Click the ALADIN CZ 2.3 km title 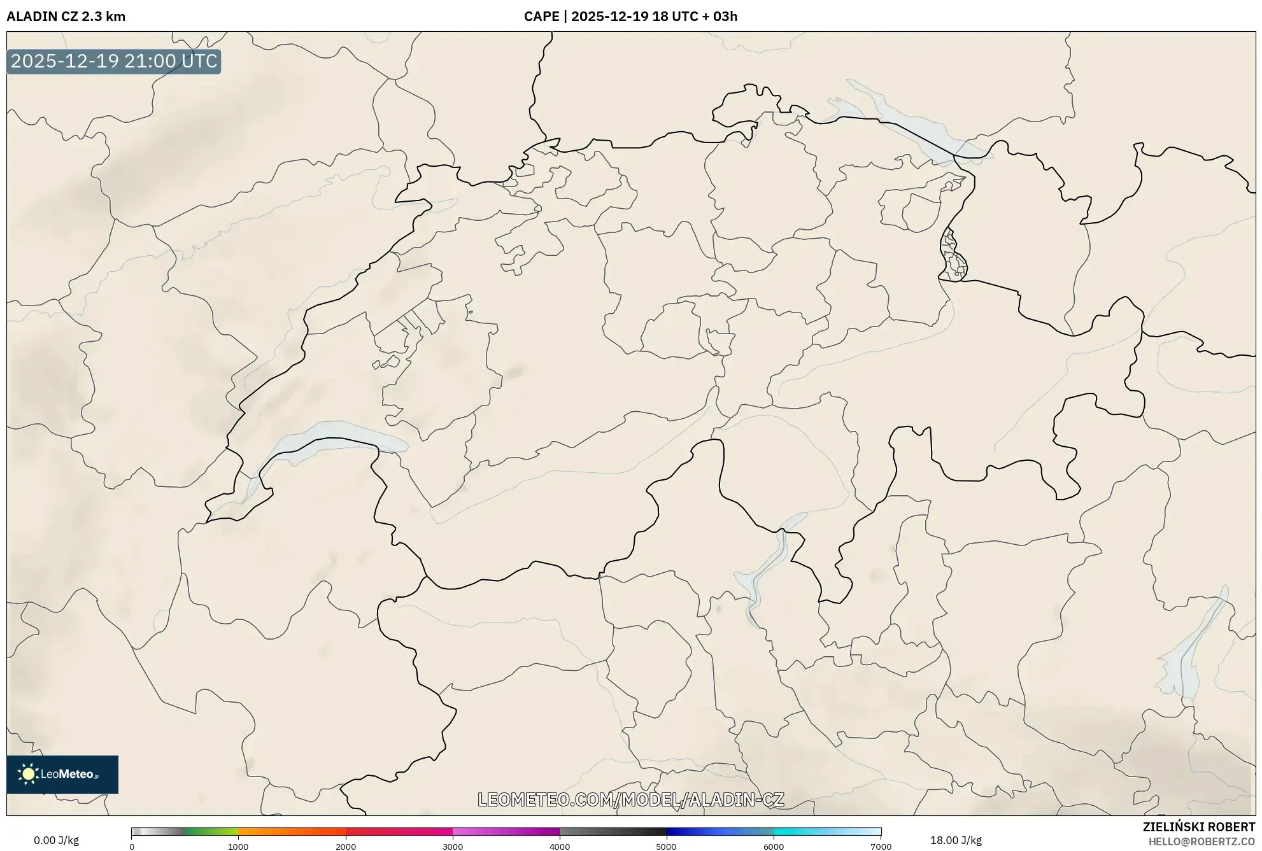coord(66,17)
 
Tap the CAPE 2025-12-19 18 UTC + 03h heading coord(630,17)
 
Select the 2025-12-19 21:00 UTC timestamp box coord(114,62)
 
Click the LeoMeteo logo coord(62,774)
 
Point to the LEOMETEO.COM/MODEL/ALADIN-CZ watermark coord(630,799)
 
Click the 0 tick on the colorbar coord(132,847)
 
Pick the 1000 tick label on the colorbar coord(238,847)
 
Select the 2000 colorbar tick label coord(346,847)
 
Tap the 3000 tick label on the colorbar coord(453,847)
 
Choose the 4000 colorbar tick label coord(560,847)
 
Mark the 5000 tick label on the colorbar coord(667,847)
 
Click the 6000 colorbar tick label coord(774,847)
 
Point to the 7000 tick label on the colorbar coord(881,847)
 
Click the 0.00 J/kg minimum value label coord(57,840)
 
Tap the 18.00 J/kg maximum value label coord(955,840)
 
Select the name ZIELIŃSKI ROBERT coord(1199,827)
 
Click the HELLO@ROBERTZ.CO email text coord(1202,841)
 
